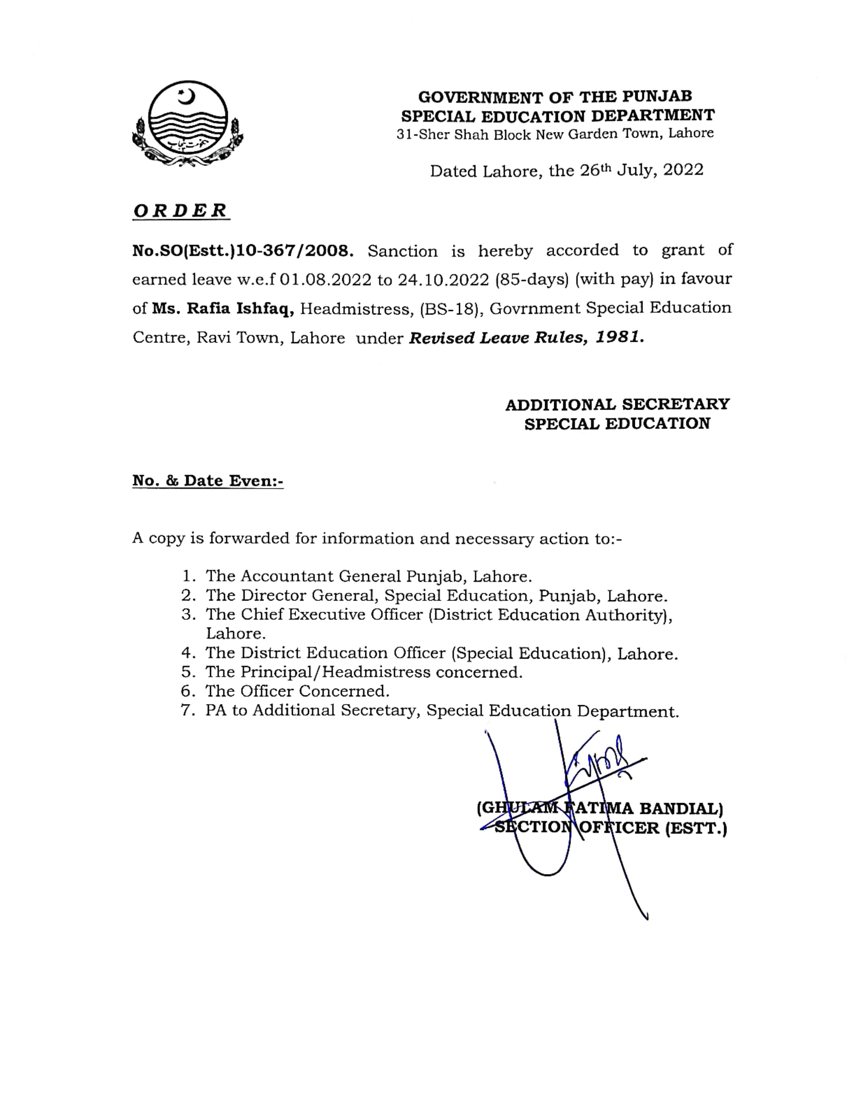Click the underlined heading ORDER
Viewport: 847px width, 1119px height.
tap(180, 211)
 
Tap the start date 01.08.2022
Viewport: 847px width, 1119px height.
tap(325, 279)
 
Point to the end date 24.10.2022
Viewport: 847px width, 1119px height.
tap(443, 279)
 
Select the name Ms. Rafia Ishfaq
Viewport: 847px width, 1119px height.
tap(223, 309)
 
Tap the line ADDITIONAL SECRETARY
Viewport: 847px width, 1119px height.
tap(617, 404)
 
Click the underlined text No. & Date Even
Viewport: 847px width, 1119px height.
tap(208, 481)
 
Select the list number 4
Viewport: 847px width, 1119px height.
tap(188, 653)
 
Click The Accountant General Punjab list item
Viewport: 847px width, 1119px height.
tap(368, 576)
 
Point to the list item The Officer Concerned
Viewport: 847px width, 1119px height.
tap(297, 691)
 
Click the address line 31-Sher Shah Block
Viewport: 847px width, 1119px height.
tap(554, 134)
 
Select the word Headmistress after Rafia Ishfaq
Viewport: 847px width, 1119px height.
tap(355, 309)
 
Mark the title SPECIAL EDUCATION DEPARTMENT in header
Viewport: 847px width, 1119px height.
tap(558, 116)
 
